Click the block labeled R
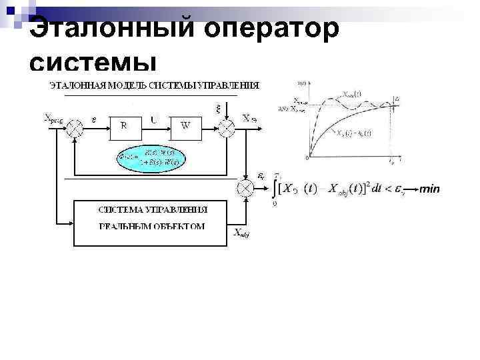(123, 126)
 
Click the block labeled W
(185, 126)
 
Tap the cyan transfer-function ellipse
(151, 158)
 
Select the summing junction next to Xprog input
(76, 125)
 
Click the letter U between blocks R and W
(154, 120)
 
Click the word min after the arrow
(430, 189)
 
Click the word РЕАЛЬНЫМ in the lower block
(123, 226)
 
